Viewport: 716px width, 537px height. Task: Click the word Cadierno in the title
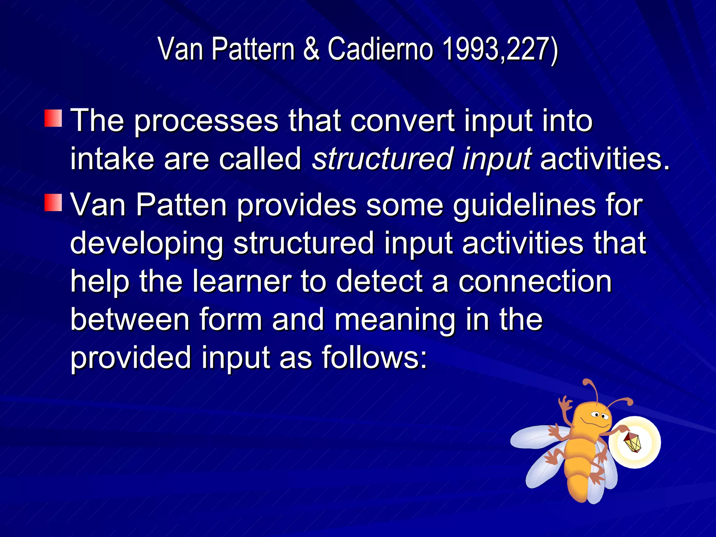[x=380, y=49]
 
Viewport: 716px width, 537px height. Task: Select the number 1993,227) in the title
[x=500, y=50]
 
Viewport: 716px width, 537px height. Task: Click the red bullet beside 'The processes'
[x=53, y=118]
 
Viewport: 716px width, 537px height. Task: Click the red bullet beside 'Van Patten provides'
[x=53, y=203]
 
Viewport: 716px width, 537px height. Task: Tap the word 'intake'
[x=112, y=159]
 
